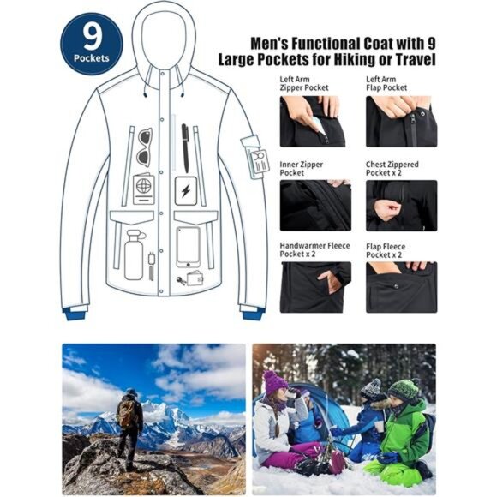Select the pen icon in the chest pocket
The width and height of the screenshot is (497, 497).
[184, 147]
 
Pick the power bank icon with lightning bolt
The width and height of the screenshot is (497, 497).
[185, 189]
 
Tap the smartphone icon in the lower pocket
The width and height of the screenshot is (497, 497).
[188, 246]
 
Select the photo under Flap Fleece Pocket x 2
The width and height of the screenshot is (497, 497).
[401, 287]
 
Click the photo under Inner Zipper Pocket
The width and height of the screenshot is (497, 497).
[315, 205]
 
